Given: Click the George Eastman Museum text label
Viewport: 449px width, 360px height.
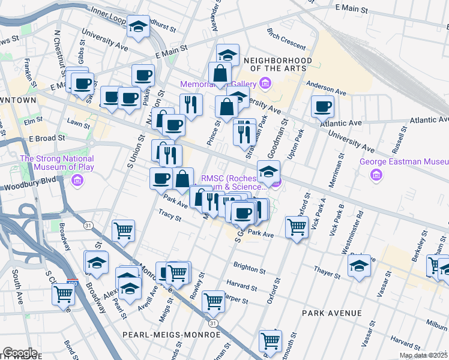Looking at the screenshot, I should coord(404,161).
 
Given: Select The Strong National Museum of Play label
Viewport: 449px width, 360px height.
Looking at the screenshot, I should coord(57,163).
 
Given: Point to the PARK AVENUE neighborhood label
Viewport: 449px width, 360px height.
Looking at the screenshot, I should coord(332,313).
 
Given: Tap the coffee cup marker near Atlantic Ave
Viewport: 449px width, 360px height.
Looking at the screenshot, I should coord(323,107).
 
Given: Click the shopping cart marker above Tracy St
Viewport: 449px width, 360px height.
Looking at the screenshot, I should coord(123,230).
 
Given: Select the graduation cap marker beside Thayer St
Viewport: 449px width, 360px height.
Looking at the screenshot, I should coord(360,265).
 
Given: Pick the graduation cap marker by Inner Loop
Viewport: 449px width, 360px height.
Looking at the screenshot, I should coord(139,26).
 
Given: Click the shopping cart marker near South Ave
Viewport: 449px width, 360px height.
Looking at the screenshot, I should coord(63,294).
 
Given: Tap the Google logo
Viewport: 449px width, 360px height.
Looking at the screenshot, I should coord(20,353).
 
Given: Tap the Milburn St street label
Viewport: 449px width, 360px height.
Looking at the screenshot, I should coord(436,324).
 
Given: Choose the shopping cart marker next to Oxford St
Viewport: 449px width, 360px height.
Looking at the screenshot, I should coord(297,227).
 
